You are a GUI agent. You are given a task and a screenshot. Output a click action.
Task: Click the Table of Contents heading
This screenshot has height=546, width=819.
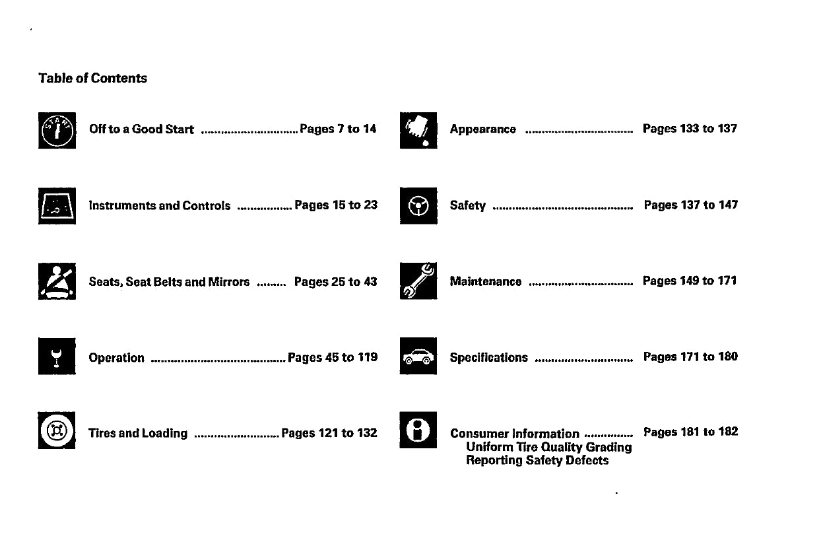pos(92,79)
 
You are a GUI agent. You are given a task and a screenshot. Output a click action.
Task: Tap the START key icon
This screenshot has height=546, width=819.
pos(57,130)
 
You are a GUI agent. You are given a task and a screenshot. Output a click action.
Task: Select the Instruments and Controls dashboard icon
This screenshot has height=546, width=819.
pos(57,206)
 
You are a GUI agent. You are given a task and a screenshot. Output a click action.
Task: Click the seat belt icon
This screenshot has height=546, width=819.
pos(57,282)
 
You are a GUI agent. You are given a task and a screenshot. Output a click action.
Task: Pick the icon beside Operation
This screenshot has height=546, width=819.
pos(57,357)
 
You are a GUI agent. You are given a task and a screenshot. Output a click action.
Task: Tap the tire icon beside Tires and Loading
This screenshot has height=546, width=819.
pos(57,430)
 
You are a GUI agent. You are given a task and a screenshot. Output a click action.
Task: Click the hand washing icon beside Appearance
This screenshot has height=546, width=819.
pos(418,130)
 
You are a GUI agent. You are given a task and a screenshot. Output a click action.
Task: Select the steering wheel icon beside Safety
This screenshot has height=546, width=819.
pos(418,206)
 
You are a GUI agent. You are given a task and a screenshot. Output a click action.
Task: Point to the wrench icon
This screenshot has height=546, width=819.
pos(418,281)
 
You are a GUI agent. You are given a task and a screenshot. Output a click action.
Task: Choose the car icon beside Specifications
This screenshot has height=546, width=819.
pos(418,357)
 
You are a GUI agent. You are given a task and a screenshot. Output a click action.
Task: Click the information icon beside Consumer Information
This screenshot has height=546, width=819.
pos(418,430)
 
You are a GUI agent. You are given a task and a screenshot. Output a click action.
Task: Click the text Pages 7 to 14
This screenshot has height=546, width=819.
pos(338,129)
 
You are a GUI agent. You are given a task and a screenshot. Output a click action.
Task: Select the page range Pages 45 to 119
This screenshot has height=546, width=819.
pos(333,357)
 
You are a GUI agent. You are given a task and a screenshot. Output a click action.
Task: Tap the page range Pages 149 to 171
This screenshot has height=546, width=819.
pos(690,281)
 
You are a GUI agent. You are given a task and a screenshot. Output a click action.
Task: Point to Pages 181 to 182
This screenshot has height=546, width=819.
pos(690,432)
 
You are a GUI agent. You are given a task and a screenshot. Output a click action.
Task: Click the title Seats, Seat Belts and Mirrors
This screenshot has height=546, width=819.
pos(169,282)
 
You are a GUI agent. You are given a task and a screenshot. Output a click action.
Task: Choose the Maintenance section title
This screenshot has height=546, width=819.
pos(485,282)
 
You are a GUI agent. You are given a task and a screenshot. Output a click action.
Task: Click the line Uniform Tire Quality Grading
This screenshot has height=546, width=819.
pos(548,447)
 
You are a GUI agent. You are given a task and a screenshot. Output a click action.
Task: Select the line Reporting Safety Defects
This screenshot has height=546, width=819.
pos(537,460)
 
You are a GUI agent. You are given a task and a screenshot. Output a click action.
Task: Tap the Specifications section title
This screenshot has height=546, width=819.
pos(488,358)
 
